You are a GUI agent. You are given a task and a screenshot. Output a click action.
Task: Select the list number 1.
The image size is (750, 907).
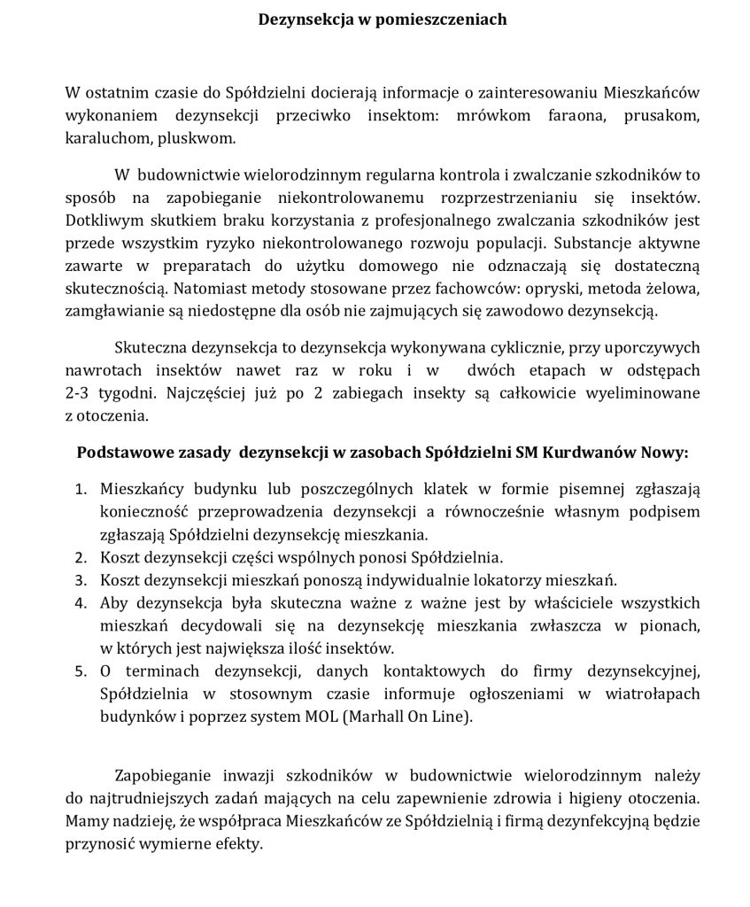pos(80,489)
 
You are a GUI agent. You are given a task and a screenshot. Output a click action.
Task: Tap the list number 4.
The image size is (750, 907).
pos(80,603)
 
